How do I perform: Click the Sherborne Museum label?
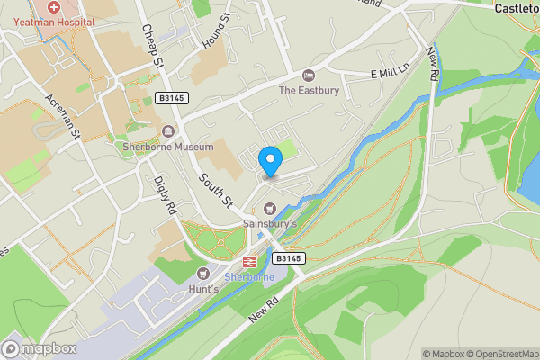coord(168,147)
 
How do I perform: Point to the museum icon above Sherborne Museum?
coord(168,131)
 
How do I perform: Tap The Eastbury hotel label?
coord(310,90)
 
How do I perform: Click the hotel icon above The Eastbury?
coord(310,75)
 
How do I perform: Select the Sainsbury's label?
coord(270,223)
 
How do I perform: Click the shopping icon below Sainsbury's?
coord(268,209)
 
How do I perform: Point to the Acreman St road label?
coord(63,120)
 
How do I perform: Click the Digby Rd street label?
coord(167,193)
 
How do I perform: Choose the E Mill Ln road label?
coord(390,71)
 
